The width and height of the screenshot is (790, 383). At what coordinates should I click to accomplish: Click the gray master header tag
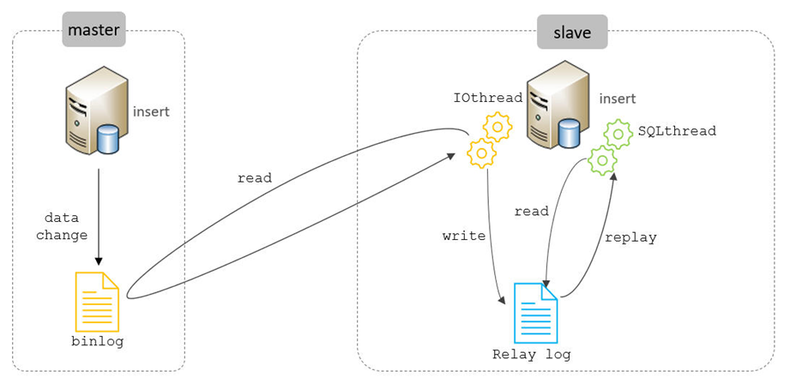click(x=94, y=30)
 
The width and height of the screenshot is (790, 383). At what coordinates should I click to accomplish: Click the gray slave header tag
click(x=572, y=33)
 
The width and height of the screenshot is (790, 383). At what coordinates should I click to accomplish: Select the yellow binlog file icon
click(x=97, y=301)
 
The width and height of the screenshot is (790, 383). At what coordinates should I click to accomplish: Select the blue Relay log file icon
click(x=535, y=313)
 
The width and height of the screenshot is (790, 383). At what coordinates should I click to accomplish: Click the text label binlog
click(x=97, y=341)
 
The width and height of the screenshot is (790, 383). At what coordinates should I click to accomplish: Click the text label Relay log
click(x=532, y=354)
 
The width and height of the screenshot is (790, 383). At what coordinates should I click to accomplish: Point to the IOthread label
click(x=488, y=99)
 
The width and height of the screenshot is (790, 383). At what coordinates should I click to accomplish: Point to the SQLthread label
click(x=677, y=131)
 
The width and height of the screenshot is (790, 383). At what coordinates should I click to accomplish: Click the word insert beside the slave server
click(x=618, y=99)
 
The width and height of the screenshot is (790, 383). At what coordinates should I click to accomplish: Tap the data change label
click(x=62, y=227)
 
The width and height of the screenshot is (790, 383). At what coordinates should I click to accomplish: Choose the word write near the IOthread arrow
click(x=464, y=235)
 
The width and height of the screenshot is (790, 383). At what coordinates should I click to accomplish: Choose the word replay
click(x=630, y=237)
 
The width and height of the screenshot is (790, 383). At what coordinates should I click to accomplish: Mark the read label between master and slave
click(x=254, y=178)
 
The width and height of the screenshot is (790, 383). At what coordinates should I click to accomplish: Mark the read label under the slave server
click(x=531, y=212)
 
